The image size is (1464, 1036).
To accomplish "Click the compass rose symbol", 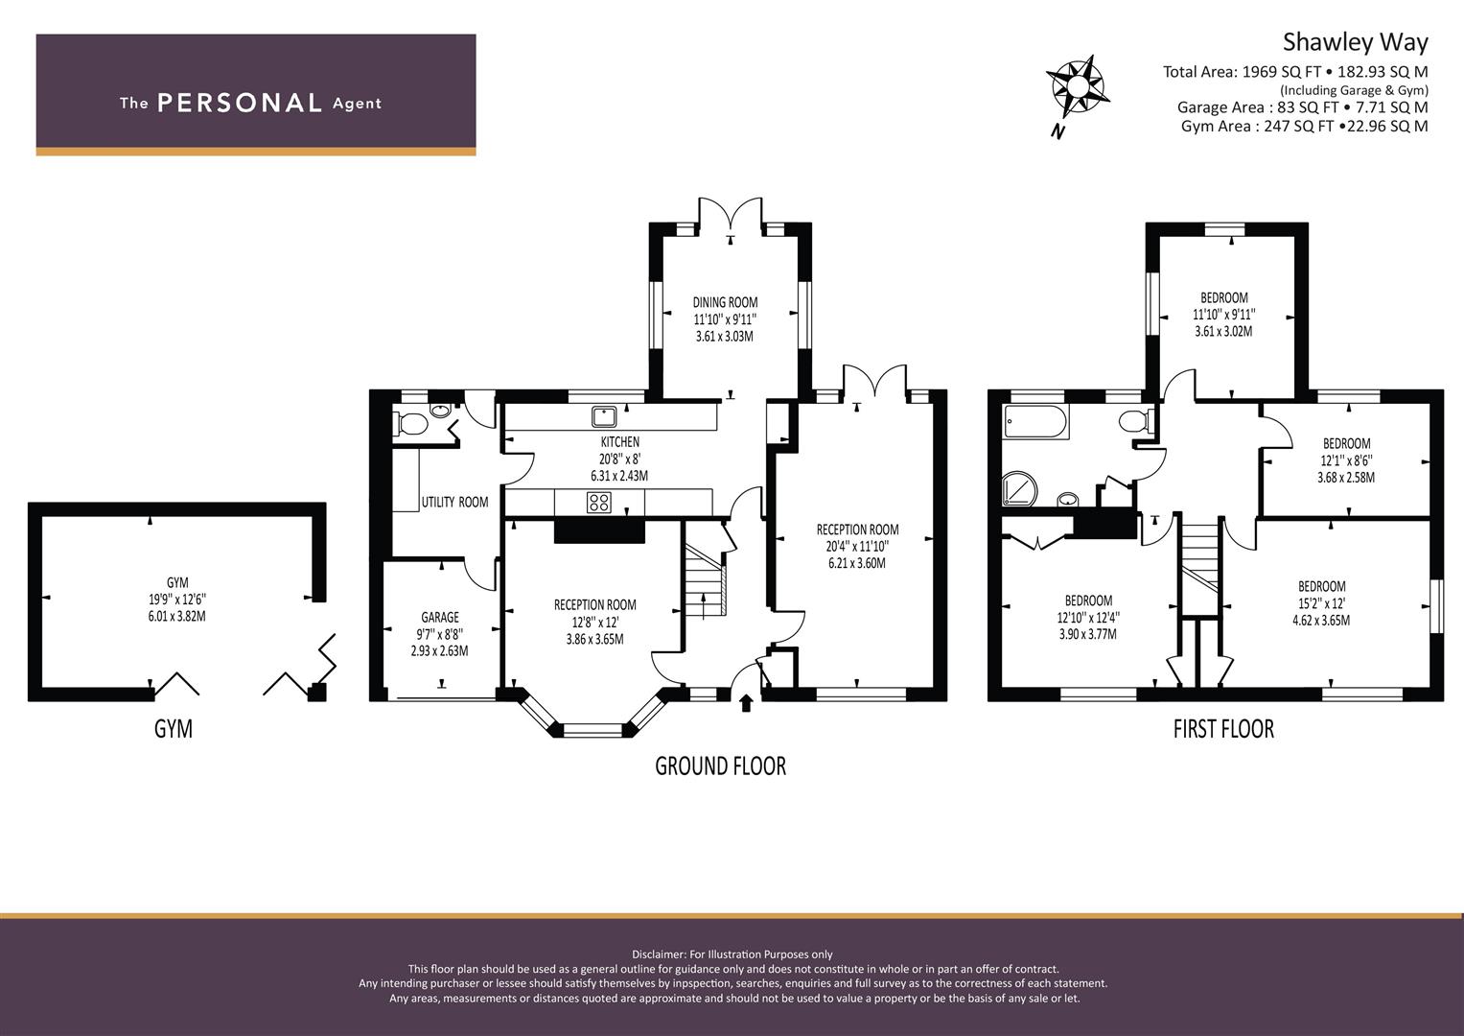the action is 1077,87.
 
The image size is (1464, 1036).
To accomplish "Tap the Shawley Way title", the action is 1355,42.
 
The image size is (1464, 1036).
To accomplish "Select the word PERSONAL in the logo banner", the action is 240,103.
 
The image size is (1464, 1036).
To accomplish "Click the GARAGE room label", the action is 440,617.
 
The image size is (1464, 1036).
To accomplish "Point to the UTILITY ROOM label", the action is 454,503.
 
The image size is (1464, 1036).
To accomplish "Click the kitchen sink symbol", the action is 604,416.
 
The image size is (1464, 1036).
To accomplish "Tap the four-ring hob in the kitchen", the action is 598,503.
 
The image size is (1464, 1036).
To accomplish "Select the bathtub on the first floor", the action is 1036,421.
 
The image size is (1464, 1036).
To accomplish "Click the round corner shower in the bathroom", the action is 1019,488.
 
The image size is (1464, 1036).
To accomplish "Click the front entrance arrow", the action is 746,703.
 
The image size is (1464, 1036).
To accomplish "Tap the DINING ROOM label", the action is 725,302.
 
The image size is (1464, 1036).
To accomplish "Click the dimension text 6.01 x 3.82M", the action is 177,616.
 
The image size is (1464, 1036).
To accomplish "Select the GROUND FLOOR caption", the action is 720,765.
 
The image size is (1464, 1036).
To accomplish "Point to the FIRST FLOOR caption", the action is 1223,729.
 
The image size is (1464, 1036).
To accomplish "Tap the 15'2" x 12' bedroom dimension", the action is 1321,603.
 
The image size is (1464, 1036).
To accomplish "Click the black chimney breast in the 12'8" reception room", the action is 599,531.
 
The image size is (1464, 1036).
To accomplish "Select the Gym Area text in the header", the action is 1305,127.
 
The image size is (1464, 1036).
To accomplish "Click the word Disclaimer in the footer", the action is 659,954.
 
